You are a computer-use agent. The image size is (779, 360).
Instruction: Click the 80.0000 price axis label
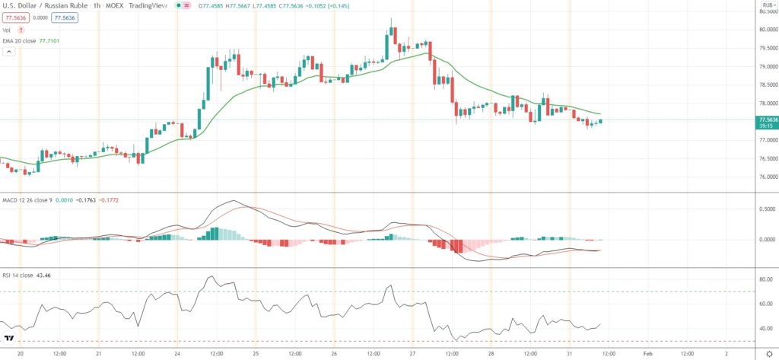click(765, 30)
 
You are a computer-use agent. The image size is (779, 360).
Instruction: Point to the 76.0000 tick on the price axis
click(765, 177)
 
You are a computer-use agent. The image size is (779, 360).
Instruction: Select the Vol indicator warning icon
click(21, 30)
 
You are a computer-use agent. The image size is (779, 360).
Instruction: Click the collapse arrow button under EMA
click(9, 52)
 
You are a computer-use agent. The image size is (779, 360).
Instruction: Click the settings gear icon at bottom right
click(768, 354)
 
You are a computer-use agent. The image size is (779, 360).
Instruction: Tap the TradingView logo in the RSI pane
click(11, 337)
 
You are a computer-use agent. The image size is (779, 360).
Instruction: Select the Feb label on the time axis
click(647, 353)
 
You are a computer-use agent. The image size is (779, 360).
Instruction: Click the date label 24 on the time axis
click(177, 353)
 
